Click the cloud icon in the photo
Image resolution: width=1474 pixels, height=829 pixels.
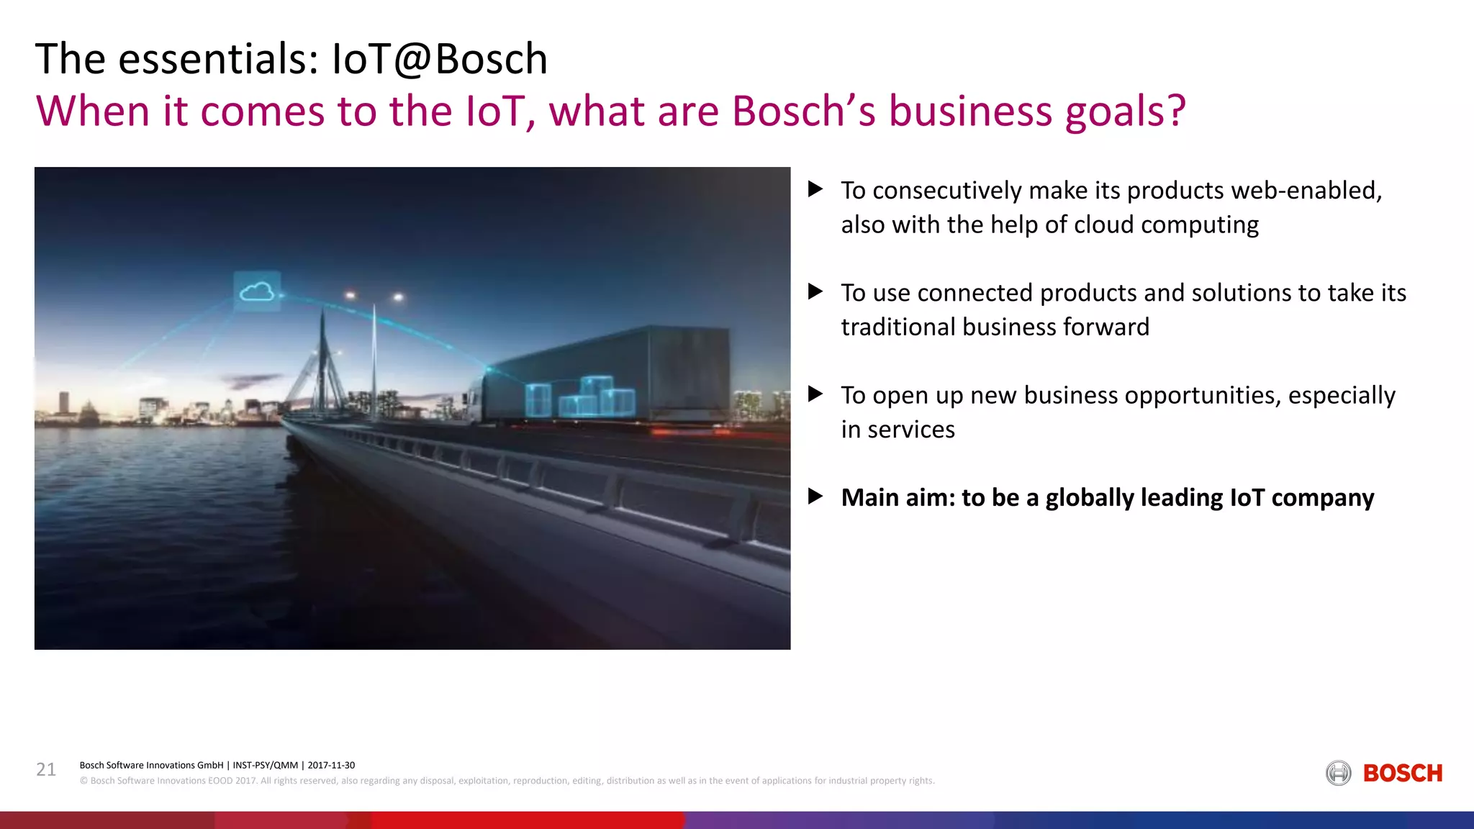click(x=257, y=291)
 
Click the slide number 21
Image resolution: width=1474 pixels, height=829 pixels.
click(x=46, y=770)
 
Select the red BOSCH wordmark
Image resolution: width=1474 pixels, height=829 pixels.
click(x=1402, y=774)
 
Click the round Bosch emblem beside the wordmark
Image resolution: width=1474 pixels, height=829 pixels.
click(x=1338, y=774)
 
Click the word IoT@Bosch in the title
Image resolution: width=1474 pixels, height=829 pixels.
click(x=439, y=59)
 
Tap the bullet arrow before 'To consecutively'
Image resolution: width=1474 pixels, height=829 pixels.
click(x=815, y=189)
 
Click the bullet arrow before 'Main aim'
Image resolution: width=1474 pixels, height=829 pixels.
click(x=815, y=497)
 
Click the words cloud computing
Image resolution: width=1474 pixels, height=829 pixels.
click(x=1166, y=225)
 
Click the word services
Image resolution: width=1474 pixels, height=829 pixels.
click(x=910, y=430)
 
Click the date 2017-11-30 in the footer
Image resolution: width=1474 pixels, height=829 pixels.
click(x=331, y=765)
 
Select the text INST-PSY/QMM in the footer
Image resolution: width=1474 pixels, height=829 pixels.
click(x=265, y=765)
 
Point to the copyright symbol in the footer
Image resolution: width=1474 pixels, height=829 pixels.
click(x=83, y=781)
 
